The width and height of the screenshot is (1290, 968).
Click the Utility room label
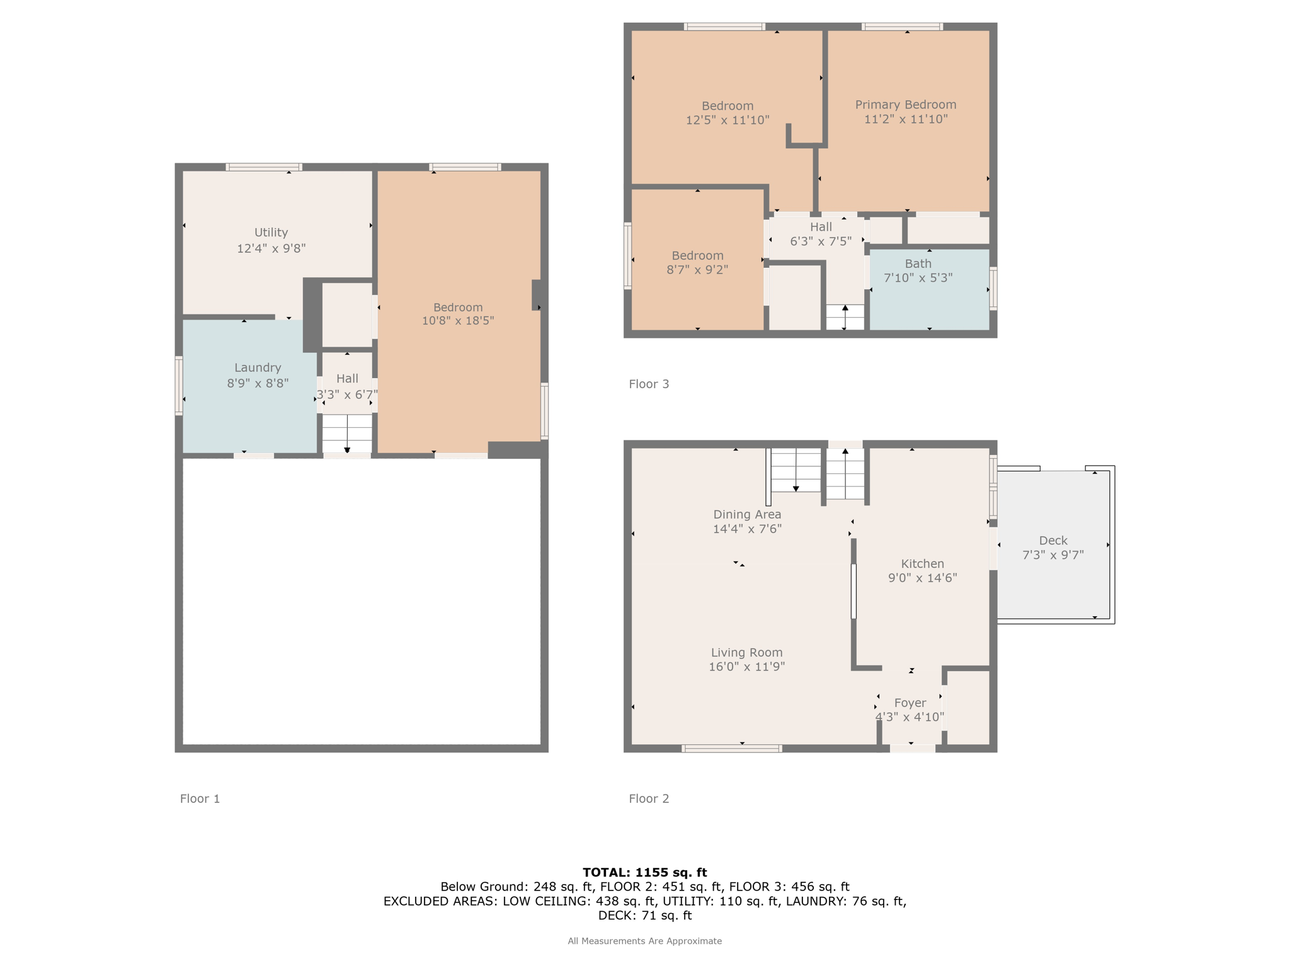pyautogui.click(x=271, y=233)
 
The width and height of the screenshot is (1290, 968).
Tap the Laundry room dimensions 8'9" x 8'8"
pyautogui.click(x=258, y=383)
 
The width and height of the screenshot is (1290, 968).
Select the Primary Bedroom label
pyautogui.click(x=906, y=105)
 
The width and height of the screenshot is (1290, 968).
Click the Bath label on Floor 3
pyautogui.click(x=918, y=263)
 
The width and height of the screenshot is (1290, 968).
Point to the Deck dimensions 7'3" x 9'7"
pyautogui.click(x=1053, y=555)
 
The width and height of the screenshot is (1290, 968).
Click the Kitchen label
pyautogui.click(x=922, y=563)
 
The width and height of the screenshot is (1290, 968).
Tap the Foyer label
pyautogui.click(x=910, y=703)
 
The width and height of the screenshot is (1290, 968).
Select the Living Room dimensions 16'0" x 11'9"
pyautogui.click(x=746, y=666)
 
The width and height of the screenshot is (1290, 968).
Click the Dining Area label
pyautogui.click(x=747, y=514)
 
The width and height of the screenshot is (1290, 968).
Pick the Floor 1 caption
pyautogui.click(x=200, y=798)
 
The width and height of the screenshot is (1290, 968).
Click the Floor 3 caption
pyautogui.click(x=649, y=384)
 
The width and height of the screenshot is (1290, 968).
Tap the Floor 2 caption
pyautogui.click(x=649, y=798)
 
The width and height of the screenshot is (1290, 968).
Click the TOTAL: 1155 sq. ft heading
pyautogui.click(x=645, y=872)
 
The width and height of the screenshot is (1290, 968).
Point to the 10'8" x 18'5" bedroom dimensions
pyautogui.click(x=458, y=320)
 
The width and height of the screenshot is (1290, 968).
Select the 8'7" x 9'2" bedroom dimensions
pyautogui.click(x=697, y=270)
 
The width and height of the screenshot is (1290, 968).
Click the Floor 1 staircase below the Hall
pyautogui.click(x=347, y=433)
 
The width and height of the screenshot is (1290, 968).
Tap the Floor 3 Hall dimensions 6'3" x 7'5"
pyautogui.click(x=821, y=241)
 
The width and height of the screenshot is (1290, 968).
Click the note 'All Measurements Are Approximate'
pyautogui.click(x=645, y=941)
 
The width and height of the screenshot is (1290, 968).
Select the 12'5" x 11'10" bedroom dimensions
pyautogui.click(x=728, y=120)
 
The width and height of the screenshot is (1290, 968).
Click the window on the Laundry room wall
pyautogui.click(x=179, y=386)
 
